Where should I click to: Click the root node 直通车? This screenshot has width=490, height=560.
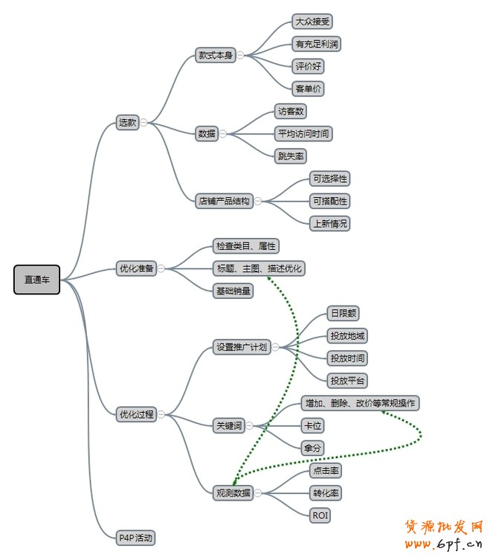[x=36, y=280]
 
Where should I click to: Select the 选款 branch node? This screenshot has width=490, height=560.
[x=127, y=123]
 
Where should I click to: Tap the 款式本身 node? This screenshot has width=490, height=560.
[x=215, y=55]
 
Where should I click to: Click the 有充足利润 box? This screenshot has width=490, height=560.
[x=317, y=44]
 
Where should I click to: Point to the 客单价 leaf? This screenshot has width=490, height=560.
[x=308, y=88]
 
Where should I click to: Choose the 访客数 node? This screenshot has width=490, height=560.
[x=291, y=112]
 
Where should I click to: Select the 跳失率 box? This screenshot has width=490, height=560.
[x=291, y=156]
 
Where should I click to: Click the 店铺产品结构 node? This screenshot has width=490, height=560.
[x=224, y=201]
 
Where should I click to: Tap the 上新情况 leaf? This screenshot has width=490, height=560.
[x=329, y=223]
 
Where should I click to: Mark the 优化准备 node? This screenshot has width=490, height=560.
[x=136, y=268]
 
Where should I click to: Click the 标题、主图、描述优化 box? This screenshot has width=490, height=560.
[x=258, y=268]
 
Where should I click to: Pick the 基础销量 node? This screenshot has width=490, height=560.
[x=233, y=291]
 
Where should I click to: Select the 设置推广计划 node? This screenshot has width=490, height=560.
[x=241, y=347]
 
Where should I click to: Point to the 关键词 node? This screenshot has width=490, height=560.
[x=228, y=425]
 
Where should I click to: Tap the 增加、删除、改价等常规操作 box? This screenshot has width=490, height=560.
[x=361, y=403]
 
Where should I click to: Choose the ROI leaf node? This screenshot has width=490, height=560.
[x=320, y=515]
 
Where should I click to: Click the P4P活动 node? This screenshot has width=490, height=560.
[x=136, y=537]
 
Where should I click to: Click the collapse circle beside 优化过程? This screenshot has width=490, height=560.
[x=161, y=414]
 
